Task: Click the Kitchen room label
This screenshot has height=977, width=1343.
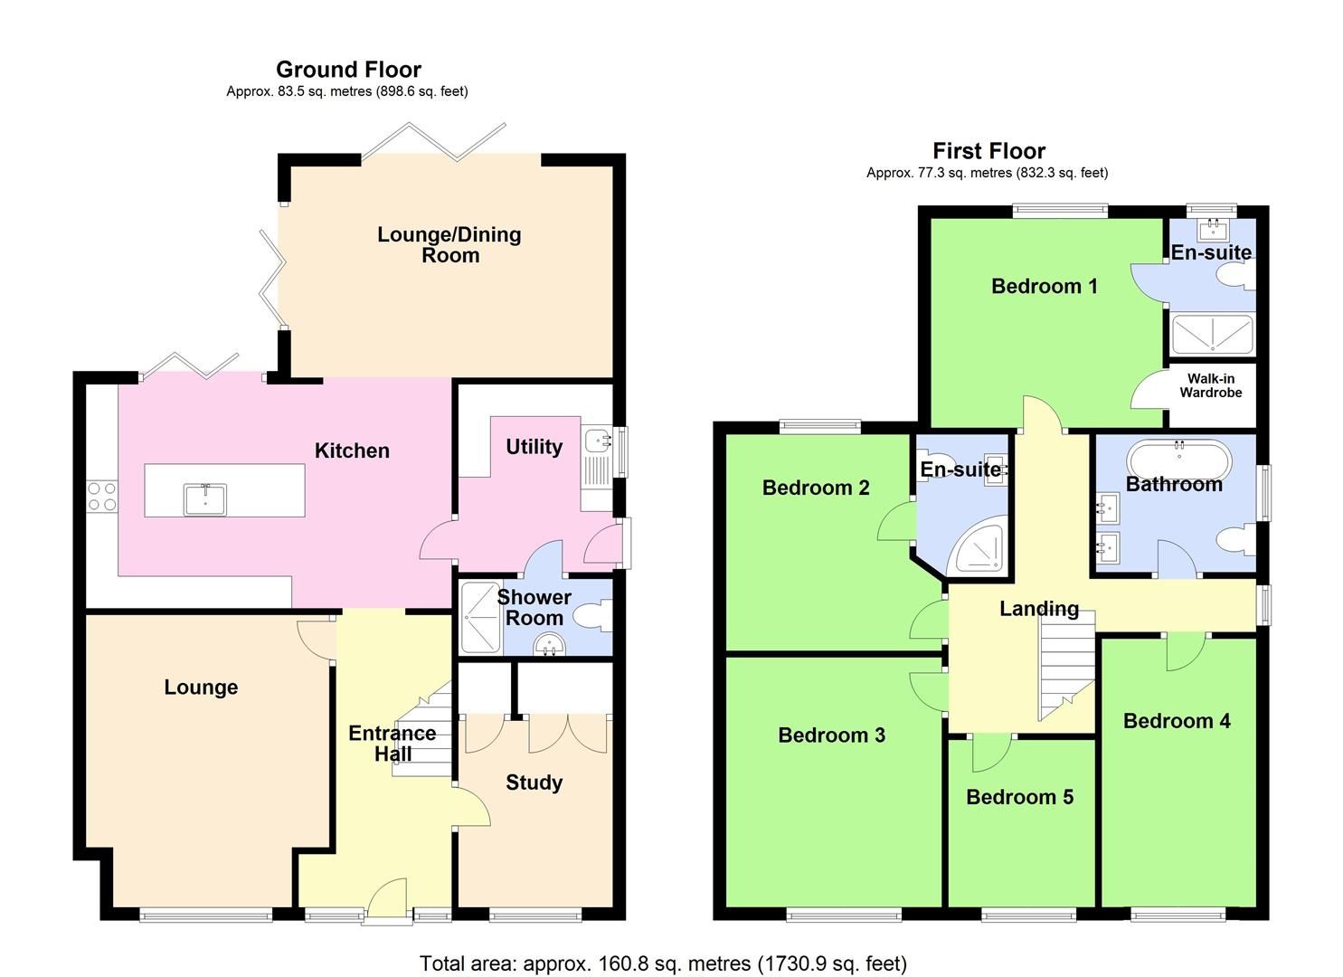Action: (352, 451)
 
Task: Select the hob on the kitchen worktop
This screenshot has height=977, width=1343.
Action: (101, 496)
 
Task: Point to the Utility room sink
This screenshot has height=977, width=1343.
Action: (598, 441)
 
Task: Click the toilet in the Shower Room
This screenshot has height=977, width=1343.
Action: (596, 617)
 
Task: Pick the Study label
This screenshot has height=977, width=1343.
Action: (534, 783)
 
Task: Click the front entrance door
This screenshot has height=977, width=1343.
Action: (388, 901)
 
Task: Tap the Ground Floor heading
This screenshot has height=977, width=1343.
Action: (348, 70)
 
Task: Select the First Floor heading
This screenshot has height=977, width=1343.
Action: (988, 151)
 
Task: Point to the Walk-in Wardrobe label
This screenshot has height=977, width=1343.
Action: (1210, 386)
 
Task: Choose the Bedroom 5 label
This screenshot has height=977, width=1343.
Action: (1019, 797)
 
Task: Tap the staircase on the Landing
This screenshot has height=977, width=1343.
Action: (1066, 665)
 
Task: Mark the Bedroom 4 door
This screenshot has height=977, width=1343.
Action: (1185, 651)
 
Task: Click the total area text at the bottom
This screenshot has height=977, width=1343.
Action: (663, 963)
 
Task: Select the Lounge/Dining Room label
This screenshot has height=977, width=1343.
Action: (449, 245)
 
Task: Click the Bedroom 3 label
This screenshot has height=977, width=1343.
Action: (831, 735)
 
